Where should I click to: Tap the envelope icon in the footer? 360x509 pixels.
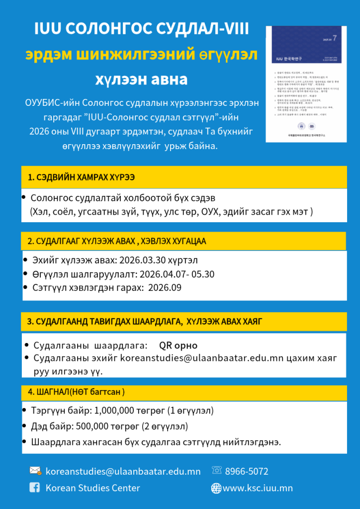pos(35,471)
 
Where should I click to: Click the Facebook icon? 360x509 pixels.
pos(35,488)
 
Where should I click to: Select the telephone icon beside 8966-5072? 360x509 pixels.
pos(217,470)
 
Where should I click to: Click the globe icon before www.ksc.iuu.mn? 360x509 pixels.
pos(216,488)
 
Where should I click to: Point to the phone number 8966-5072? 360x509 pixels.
pos(247,471)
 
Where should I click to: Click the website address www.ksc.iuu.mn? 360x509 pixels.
pos(258,488)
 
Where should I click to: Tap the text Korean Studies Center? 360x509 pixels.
pos(92,488)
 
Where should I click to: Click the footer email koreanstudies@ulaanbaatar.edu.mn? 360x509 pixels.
pos(123,471)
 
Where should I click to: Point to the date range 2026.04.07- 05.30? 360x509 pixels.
pos(177,274)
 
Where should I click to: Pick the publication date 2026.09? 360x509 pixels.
pos(165,288)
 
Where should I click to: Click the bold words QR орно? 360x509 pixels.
pos(178,345)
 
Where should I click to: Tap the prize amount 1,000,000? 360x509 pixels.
pos(115,412)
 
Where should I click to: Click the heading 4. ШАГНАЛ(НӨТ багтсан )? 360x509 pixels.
pos(76,392)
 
